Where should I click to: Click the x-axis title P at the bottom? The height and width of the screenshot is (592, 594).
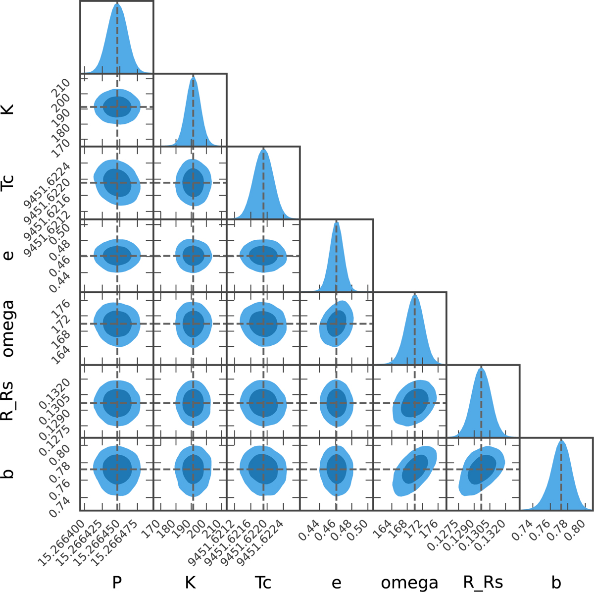[117, 582]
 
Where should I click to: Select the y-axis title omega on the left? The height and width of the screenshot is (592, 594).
[9, 327]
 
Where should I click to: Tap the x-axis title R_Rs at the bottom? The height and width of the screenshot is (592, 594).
[482, 582]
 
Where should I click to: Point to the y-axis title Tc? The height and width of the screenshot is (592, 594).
[9, 183]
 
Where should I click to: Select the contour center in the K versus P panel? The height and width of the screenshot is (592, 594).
[117, 107]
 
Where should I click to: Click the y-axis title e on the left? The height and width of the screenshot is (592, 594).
[9, 256]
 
